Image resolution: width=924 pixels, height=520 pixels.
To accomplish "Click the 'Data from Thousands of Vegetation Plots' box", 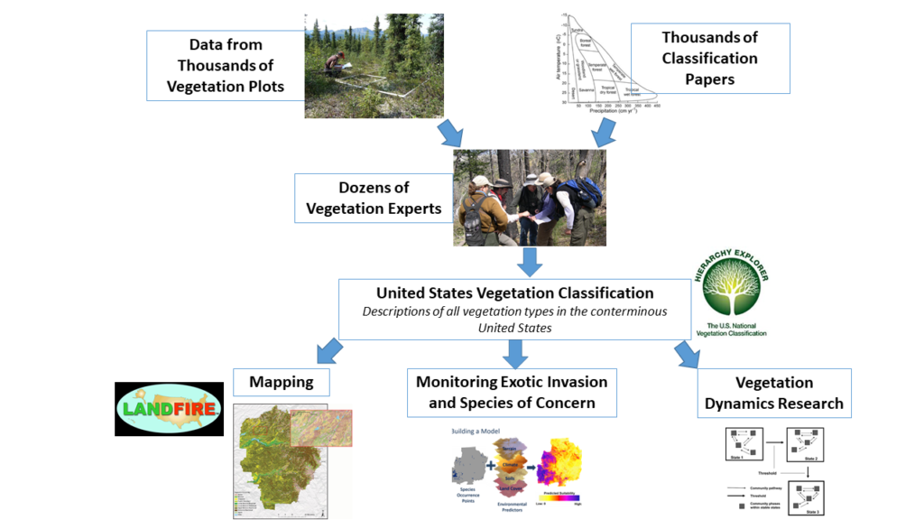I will pos(226,65).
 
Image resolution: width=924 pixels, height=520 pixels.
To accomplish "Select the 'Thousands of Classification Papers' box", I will pos(709,58).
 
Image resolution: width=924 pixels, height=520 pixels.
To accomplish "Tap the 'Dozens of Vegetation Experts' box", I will pos(374,198).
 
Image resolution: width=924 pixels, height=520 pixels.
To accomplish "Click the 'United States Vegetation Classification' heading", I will pos(514,292).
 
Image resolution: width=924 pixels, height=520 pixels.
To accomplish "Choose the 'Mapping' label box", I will pos(281,382).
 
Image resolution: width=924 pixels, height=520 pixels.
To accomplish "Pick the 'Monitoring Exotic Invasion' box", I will pos(512,392).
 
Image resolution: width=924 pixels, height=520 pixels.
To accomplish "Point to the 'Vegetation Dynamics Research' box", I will pos(773,393).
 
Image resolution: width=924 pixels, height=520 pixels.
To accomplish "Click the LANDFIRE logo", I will pos(169,409).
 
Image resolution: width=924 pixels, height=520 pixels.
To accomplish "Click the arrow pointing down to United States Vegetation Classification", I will pos(531,261).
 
